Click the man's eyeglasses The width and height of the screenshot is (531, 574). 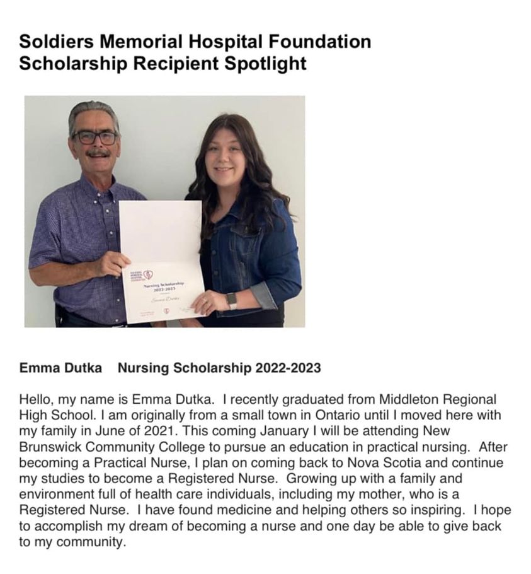point(94,137)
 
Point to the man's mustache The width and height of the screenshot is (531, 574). point(98,153)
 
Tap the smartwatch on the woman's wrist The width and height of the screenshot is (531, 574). point(232,300)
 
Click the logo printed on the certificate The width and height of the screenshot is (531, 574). point(149,275)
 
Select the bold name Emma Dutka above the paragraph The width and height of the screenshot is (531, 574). point(60,368)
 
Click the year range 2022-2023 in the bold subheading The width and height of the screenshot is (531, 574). point(288,368)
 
